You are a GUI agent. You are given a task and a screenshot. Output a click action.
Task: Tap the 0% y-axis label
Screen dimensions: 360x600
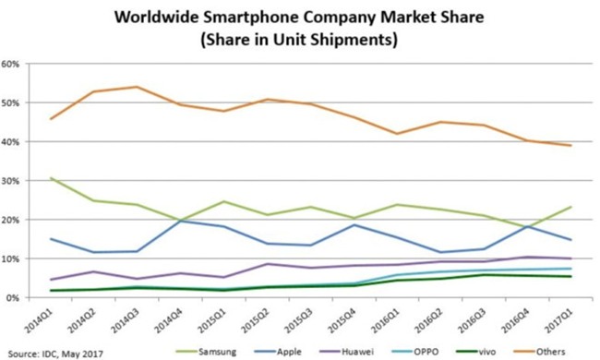pos(14,298)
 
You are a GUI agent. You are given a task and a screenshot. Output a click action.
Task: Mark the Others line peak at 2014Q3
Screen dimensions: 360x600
pos(137,87)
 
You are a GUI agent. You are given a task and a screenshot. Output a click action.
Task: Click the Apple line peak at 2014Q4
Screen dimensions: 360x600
pos(180,221)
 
